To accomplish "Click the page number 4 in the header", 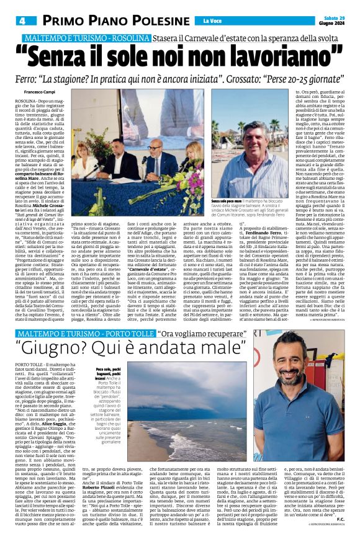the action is pyautogui.click(x=20, y=21).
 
